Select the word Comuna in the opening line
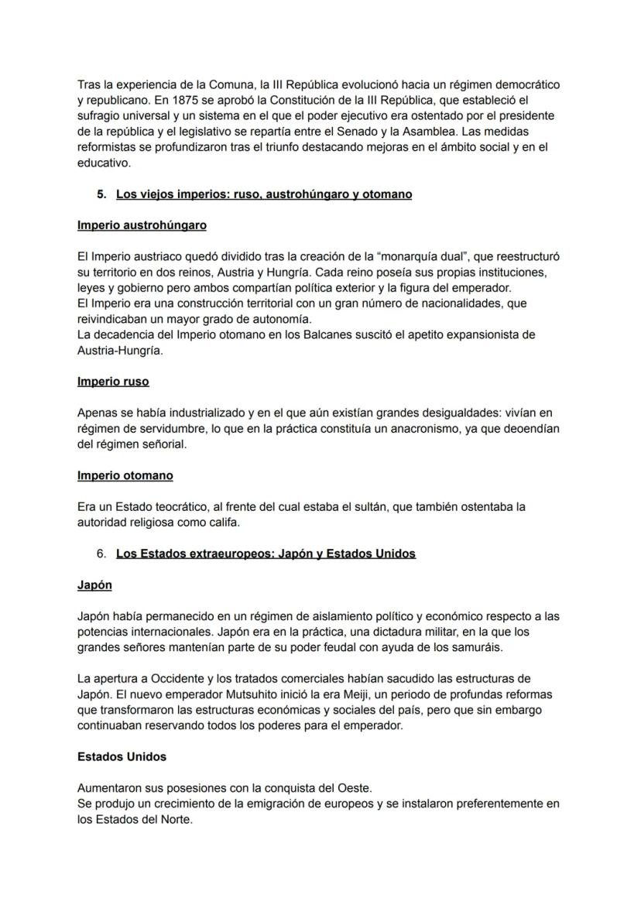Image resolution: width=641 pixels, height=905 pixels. [202, 84]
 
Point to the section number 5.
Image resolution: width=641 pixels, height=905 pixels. [101, 194]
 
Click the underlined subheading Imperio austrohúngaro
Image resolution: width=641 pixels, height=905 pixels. [142, 225]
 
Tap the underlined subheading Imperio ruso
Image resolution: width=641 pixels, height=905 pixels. [113, 382]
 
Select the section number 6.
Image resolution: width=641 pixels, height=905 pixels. [101, 554]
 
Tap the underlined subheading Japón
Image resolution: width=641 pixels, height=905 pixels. [94, 585]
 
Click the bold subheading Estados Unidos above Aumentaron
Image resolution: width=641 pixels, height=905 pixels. [122, 756]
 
